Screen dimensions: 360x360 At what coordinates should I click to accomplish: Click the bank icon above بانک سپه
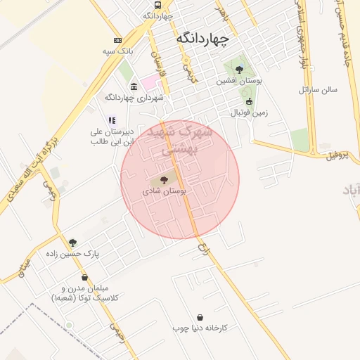[x=117, y=40]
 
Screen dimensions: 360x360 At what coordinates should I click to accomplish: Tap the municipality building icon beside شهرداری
[x=134, y=86]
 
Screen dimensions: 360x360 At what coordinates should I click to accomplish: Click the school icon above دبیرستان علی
[x=111, y=120]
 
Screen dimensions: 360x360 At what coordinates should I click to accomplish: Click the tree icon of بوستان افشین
[x=240, y=70]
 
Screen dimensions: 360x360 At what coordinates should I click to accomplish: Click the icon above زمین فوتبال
[x=249, y=101]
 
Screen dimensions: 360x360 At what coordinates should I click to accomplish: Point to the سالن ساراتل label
[x=318, y=90]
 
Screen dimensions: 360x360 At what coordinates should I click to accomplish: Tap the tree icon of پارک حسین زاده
[x=72, y=243]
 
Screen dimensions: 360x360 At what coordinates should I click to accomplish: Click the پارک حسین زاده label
[x=72, y=253]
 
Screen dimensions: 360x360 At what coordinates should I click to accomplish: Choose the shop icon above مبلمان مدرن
[x=85, y=278]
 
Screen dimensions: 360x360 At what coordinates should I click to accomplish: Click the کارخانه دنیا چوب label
[x=200, y=328]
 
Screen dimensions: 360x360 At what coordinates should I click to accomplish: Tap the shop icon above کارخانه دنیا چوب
[x=201, y=317]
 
